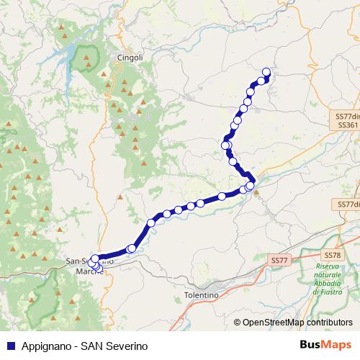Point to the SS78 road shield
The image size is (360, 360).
pos(332,256)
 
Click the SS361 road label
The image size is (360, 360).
pos(347,125)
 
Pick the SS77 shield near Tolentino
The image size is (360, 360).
pos(279,258)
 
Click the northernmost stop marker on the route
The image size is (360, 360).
pos(266,71)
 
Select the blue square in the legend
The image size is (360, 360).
pos(9,346)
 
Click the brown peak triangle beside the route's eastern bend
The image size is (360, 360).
pos(256,192)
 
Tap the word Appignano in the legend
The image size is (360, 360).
pos(47,346)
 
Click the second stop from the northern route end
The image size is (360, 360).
pos(261,81)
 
